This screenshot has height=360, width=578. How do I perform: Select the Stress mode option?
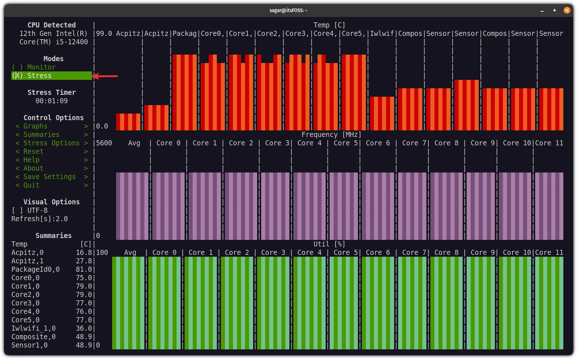(x=39, y=76)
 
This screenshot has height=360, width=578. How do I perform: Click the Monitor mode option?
(x=41, y=67)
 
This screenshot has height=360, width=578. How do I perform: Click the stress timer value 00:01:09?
(x=51, y=101)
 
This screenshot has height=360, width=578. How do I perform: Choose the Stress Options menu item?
(x=51, y=143)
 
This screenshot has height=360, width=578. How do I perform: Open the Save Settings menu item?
(x=49, y=177)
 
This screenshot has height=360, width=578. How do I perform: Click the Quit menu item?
(x=32, y=185)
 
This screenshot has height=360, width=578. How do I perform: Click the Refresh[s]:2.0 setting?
(x=40, y=219)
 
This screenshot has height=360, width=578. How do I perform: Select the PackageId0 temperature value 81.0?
(x=84, y=270)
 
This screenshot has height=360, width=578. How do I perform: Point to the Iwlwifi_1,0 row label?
(x=33, y=329)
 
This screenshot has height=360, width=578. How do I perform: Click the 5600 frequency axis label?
(x=104, y=143)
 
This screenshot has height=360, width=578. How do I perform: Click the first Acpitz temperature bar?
(x=128, y=122)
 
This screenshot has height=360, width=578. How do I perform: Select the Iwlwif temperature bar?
(x=382, y=114)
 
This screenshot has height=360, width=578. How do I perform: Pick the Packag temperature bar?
(x=185, y=92)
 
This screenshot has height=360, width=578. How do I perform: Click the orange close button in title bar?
(x=567, y=10)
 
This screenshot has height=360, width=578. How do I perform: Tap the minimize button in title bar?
(x=542, y=11)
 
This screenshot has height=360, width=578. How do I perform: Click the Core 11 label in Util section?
(x=549, y=253)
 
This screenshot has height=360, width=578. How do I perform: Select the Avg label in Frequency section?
(x=134, y=143)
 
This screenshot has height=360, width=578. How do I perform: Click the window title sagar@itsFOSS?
(x=288, y=10)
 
